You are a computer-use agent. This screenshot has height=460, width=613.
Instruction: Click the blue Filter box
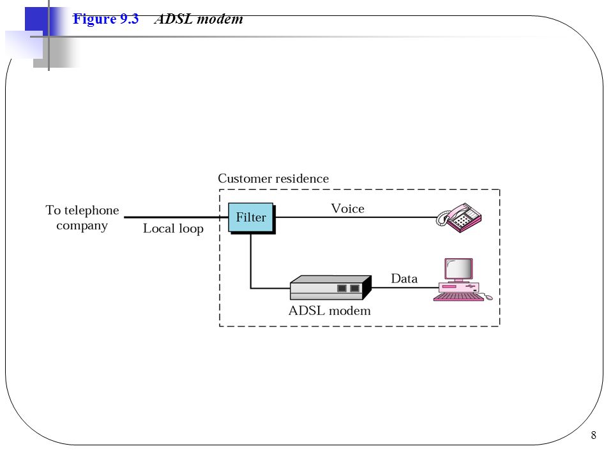[252, 218]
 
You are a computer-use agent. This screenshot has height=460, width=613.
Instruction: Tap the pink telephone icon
[459, 217]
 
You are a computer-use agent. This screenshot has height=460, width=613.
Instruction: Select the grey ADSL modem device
[330, 287]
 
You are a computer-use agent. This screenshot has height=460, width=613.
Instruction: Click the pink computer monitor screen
[458, 269]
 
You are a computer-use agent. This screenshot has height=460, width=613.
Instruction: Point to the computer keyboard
[458, 297]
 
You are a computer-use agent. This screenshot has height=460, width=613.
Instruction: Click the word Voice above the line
[347, 208]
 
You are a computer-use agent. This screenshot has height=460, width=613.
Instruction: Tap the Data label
[404, 279]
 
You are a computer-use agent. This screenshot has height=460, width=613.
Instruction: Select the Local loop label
[173, 229]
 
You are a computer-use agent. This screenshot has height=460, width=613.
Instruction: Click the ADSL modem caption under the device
[329, 310]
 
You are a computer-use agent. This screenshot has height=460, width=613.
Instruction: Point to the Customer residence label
[273, 178]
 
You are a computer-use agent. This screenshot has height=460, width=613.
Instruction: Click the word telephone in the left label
[91, 210]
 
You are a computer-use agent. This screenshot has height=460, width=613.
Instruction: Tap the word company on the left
[82, 226]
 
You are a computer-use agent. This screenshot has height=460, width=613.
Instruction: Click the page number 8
[593, 435]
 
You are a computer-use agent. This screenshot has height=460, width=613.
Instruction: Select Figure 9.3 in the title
[105, 19]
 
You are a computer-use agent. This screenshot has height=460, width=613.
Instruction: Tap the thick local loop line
[176, 217]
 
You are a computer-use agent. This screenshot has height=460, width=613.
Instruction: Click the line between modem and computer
[405, 287]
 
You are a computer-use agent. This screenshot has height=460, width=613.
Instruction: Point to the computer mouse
[488, 298]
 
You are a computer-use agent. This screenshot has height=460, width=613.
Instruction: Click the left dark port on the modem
[342, 288]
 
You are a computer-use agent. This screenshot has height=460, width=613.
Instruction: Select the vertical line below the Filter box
[250, 261]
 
